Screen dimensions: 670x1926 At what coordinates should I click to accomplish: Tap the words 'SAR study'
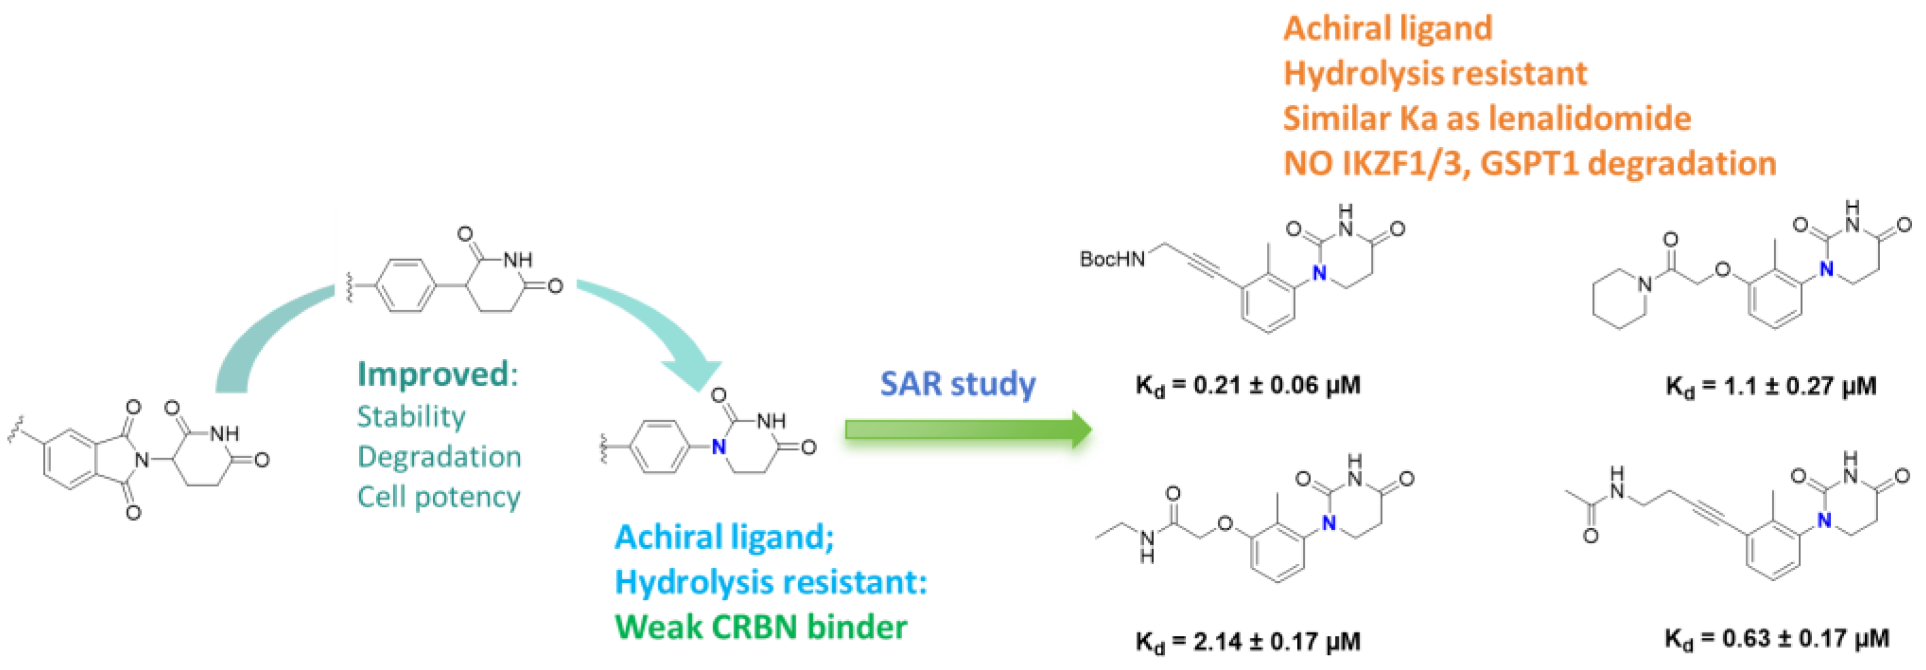click(x=957, y=384)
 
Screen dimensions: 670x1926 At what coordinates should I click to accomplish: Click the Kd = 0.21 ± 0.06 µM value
click(x=1247, y=386)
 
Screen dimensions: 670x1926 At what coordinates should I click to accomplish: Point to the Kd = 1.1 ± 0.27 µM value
click(x=1770, y=386)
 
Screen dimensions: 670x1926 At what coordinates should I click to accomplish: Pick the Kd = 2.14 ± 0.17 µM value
click(x=1247, y=641)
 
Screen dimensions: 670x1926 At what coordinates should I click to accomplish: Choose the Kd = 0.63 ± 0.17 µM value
click(x=1777, y=638)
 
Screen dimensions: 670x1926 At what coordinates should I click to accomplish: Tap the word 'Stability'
click(x=411, y=417)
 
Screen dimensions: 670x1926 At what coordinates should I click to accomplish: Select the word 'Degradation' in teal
click(x=439, y=457)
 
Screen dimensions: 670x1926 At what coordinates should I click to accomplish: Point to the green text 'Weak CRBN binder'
click(x=760, y=627)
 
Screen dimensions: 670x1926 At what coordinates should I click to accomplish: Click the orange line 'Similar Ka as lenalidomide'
click(x=1486, y=118)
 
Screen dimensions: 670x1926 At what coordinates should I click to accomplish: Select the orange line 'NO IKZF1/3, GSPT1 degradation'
click(x=1529, y=163)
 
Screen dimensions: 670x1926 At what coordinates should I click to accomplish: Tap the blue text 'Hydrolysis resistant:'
click(x=770, y=582)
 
